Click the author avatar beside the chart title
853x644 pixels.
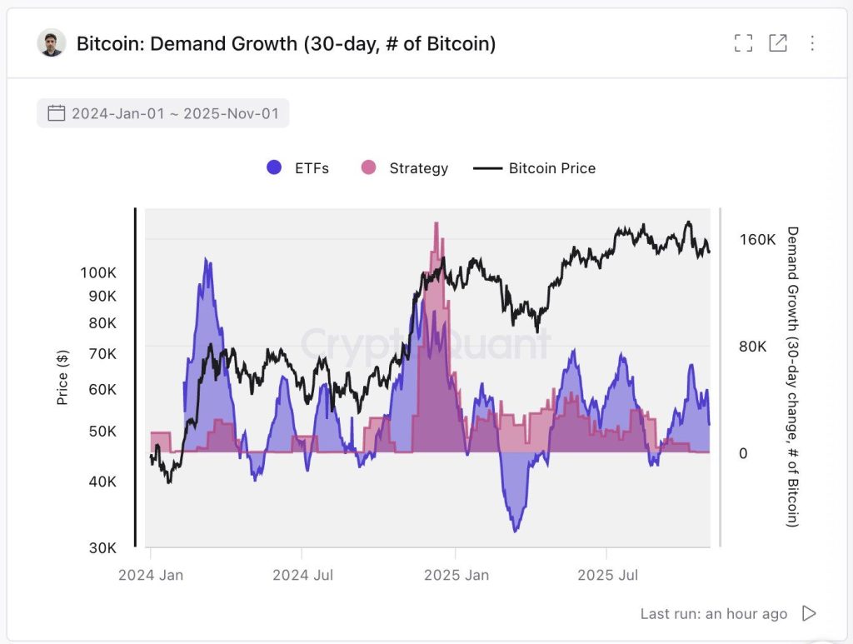[52, 43]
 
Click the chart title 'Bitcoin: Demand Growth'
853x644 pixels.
[286, 43]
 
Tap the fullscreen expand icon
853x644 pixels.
[743, 43]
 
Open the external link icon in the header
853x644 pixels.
[777, 43]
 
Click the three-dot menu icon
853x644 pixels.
[812, 43]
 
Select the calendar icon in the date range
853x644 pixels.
[56, 113]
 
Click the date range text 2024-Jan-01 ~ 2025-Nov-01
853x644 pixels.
[175, 113]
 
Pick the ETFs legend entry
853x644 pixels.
[297, 167]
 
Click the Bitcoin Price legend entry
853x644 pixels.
[535, 167]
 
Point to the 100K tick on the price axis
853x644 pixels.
[98, 272]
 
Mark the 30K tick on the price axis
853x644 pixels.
[102, 547]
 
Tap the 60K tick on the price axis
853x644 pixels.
[102, 389]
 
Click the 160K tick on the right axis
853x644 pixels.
[757, 240]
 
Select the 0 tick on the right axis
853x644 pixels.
[743, 453]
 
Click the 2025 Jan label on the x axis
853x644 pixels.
[455, 575]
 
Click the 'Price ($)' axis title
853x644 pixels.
[62, 377]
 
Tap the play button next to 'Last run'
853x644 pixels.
[808, 613]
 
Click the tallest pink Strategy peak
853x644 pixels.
[436, 225]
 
